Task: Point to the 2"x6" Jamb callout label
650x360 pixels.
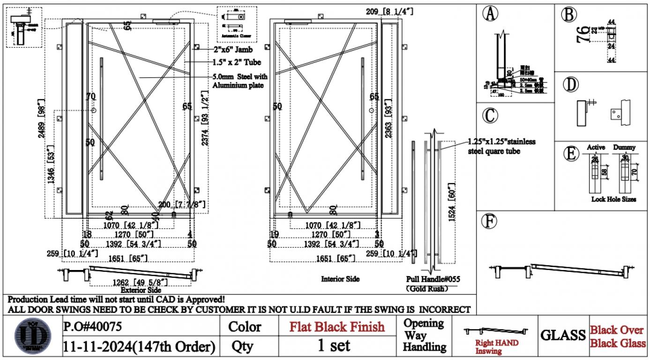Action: point(233,49)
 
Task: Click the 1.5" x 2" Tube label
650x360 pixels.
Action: point(237,62)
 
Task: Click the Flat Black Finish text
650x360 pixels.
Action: point(337,326)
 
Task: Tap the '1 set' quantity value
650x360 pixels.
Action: point(334,345)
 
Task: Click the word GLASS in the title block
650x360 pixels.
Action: point(563,335)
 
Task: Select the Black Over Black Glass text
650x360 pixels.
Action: point(617,337)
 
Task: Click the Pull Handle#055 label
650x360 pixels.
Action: point(433,279)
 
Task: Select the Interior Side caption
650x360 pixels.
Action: point(340,279)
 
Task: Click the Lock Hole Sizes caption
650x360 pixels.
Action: point(613,199)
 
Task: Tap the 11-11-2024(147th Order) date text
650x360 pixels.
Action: point(139,347)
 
